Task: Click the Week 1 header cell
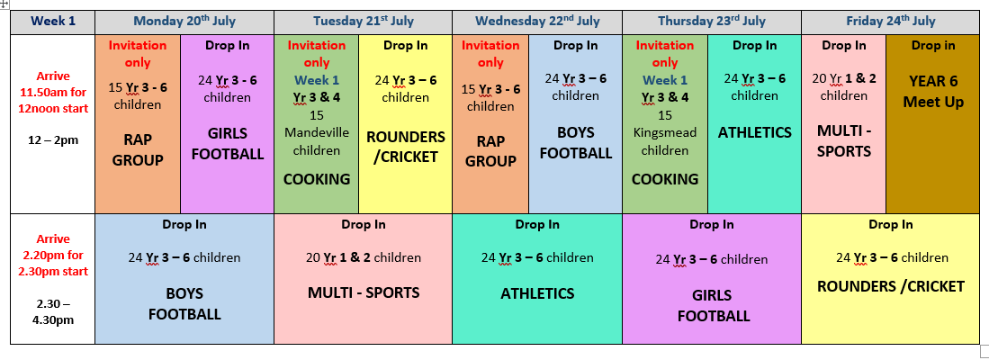(x=53, y=22)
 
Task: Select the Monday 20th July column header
(x=184, y=22)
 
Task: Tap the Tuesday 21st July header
(x=364, y=22)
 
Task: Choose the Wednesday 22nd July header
(x=537, y=22)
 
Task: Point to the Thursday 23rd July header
(x=712, y=22)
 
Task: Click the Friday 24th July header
(x=891, y=22)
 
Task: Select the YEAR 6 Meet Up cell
(x=933, y=123)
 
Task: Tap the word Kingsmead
(x=665, y=133)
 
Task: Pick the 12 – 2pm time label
(x=53, y=140)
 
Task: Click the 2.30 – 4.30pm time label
(x=53, y=311)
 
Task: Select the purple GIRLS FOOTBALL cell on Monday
(x=228, y=123)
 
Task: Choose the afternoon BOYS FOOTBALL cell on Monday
(x=184, y=279)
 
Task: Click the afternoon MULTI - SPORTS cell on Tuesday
(x=364, y=279)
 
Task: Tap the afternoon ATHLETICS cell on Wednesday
(x=537, y=279)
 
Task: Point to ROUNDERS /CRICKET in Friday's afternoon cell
(x=891, y=287)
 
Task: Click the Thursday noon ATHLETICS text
(x=754, y=133)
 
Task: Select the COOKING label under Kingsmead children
(x=665, y=179)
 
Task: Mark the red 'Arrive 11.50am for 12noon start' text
(x=53, y=93)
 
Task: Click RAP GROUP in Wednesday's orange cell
(x=490, y=151)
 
